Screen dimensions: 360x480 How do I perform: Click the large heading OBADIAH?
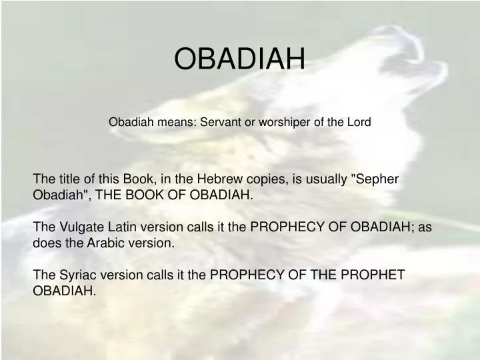pos(239,59)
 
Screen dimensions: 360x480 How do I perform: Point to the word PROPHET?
pos(374,275)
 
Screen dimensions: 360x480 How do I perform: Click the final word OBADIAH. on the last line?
pos(65,291)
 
